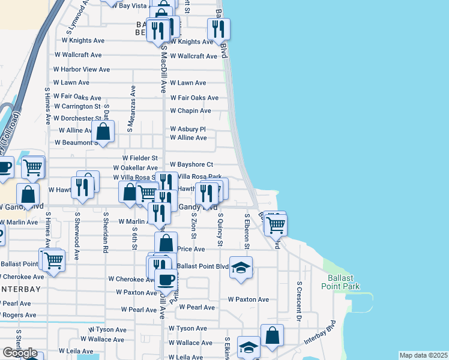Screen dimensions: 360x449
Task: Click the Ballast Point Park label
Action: pyautogui.click(x=344, y=282)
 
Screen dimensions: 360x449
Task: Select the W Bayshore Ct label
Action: pyautogui.click(x=191, y=164)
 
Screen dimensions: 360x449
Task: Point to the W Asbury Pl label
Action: pyautogui.click(x=188, y=129)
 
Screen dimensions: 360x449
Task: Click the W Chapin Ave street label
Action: pyautogui.click(x=190, y=111)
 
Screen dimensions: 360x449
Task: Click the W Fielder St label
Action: pyautogui.click(x=139, y=158)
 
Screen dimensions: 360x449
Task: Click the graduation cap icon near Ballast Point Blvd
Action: pyautogui.click(x=241, y=267)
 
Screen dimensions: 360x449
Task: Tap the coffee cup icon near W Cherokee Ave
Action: pyautogui.click(x=166, y=278)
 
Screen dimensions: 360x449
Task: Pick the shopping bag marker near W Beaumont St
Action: pyautogui.click(x=104, y=131)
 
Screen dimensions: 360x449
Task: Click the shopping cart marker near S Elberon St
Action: pyautogui.click(x=276, y=225)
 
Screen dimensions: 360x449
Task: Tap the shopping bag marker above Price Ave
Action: pyautogui.click(x=166, y=242)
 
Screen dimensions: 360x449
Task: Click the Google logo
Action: pyautogui.click(x=20, y=353)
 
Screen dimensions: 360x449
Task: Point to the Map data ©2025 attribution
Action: pyautogui.click(x=424, y=355)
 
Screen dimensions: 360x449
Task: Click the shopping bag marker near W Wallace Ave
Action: pyautogui.click(x=273, y=335)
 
